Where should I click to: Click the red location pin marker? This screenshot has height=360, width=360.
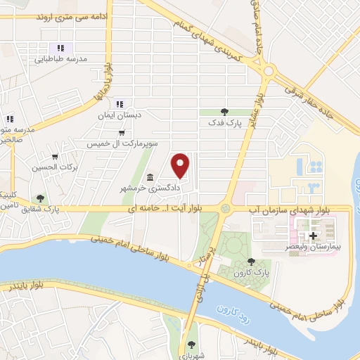click(181, 165)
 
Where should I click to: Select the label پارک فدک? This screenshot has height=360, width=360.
click(224, 122)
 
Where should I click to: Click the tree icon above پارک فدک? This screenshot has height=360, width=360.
click(224, 111)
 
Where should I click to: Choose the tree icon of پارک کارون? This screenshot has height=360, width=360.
click(251, 262)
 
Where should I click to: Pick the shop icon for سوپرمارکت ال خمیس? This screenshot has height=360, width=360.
click(122, 132)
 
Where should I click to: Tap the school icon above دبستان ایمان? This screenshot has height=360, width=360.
click(119, 104)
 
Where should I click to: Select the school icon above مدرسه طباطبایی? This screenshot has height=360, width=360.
click(61, 48)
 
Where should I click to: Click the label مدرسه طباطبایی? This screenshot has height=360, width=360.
click(61, 60)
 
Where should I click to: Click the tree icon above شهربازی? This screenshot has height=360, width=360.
click(191, 345)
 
